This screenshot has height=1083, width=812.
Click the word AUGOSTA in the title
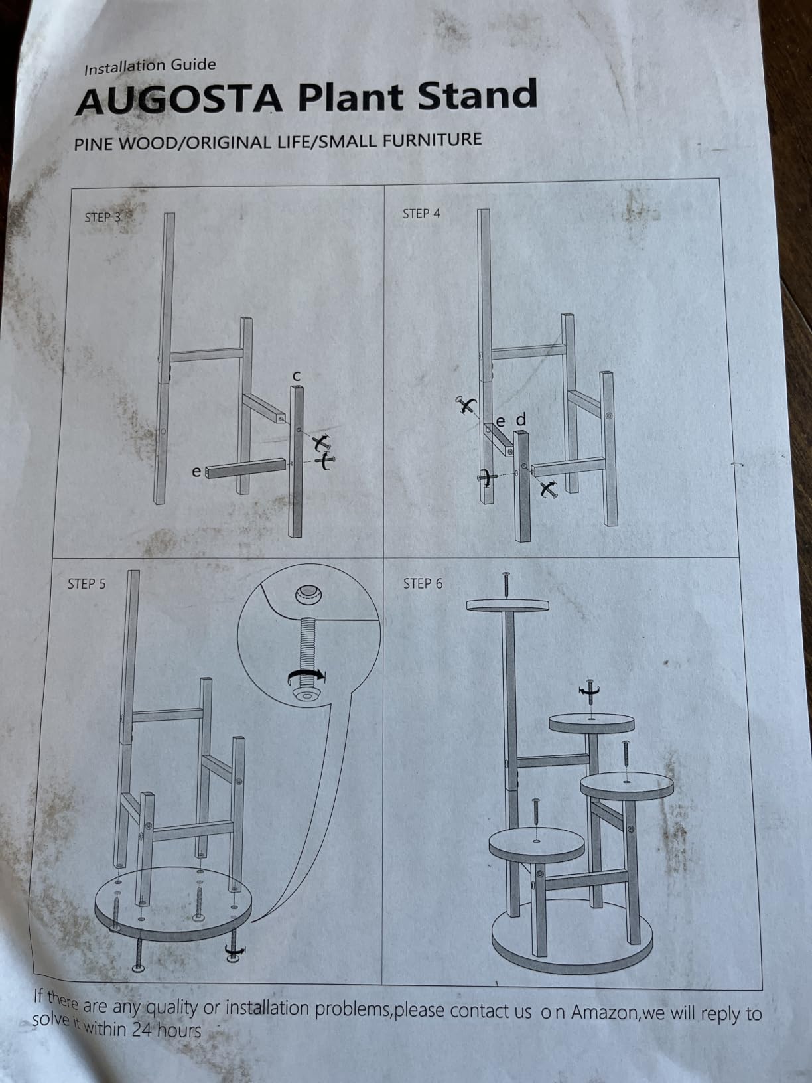click(x=179, y=100)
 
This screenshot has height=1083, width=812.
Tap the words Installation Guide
click(x=150, y=66)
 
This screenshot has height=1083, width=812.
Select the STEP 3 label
click(x=103, y=217)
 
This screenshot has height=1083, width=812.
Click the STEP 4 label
click(x=421, y=214)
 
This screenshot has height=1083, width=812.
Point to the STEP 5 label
click(x=87, y=584)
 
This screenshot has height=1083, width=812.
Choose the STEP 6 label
click(x=423, y=584)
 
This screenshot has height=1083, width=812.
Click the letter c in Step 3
click(x=296, y=376)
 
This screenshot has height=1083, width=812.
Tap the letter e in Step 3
click(x=196, y=472)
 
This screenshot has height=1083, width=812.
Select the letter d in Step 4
click(x=521, y=420)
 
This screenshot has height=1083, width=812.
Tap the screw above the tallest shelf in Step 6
click(x=506, y=585)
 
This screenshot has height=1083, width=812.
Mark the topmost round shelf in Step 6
click(x=507, y=605)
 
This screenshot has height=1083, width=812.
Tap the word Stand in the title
click(x=477, y=94)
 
